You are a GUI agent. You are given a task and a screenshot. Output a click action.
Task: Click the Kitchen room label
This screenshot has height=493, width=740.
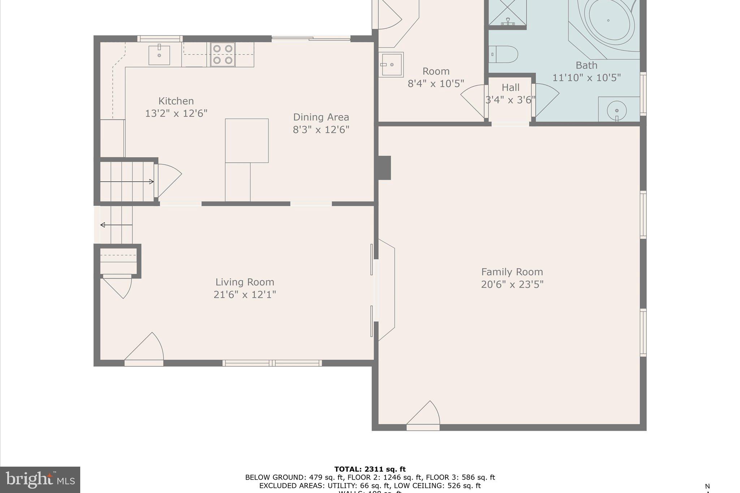click(x=176, y=101)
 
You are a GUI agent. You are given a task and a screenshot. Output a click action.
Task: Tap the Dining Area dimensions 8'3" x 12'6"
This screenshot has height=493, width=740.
click(x=321, y=130)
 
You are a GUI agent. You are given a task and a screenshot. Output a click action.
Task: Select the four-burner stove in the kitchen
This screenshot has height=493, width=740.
click(x=223, y=55)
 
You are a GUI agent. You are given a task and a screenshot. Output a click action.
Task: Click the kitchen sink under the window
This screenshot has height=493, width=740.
click(x=159, y=55)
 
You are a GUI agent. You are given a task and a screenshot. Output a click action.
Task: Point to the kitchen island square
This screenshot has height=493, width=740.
click(x=247, y=140)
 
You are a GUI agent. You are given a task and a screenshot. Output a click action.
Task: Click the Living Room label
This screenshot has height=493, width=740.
click(x=245, y=282)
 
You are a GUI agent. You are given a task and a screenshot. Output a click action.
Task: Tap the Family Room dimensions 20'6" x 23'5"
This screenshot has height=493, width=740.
click(x=512, y=285)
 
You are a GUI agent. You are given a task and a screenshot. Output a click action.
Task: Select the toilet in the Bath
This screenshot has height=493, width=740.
click(x=504, y=54)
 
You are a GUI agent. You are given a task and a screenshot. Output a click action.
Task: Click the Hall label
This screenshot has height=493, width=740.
click(x=511, y=87)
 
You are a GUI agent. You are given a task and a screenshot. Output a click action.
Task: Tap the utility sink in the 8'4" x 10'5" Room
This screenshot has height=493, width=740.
click(x=391, y=65)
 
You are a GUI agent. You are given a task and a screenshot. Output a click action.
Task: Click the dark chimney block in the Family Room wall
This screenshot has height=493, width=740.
click(x=384, y=168)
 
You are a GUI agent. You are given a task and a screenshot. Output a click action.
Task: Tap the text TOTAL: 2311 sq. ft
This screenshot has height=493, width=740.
click(x=370, y=469)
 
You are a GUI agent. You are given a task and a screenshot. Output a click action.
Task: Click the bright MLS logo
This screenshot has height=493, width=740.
click(x=40, y=480)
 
